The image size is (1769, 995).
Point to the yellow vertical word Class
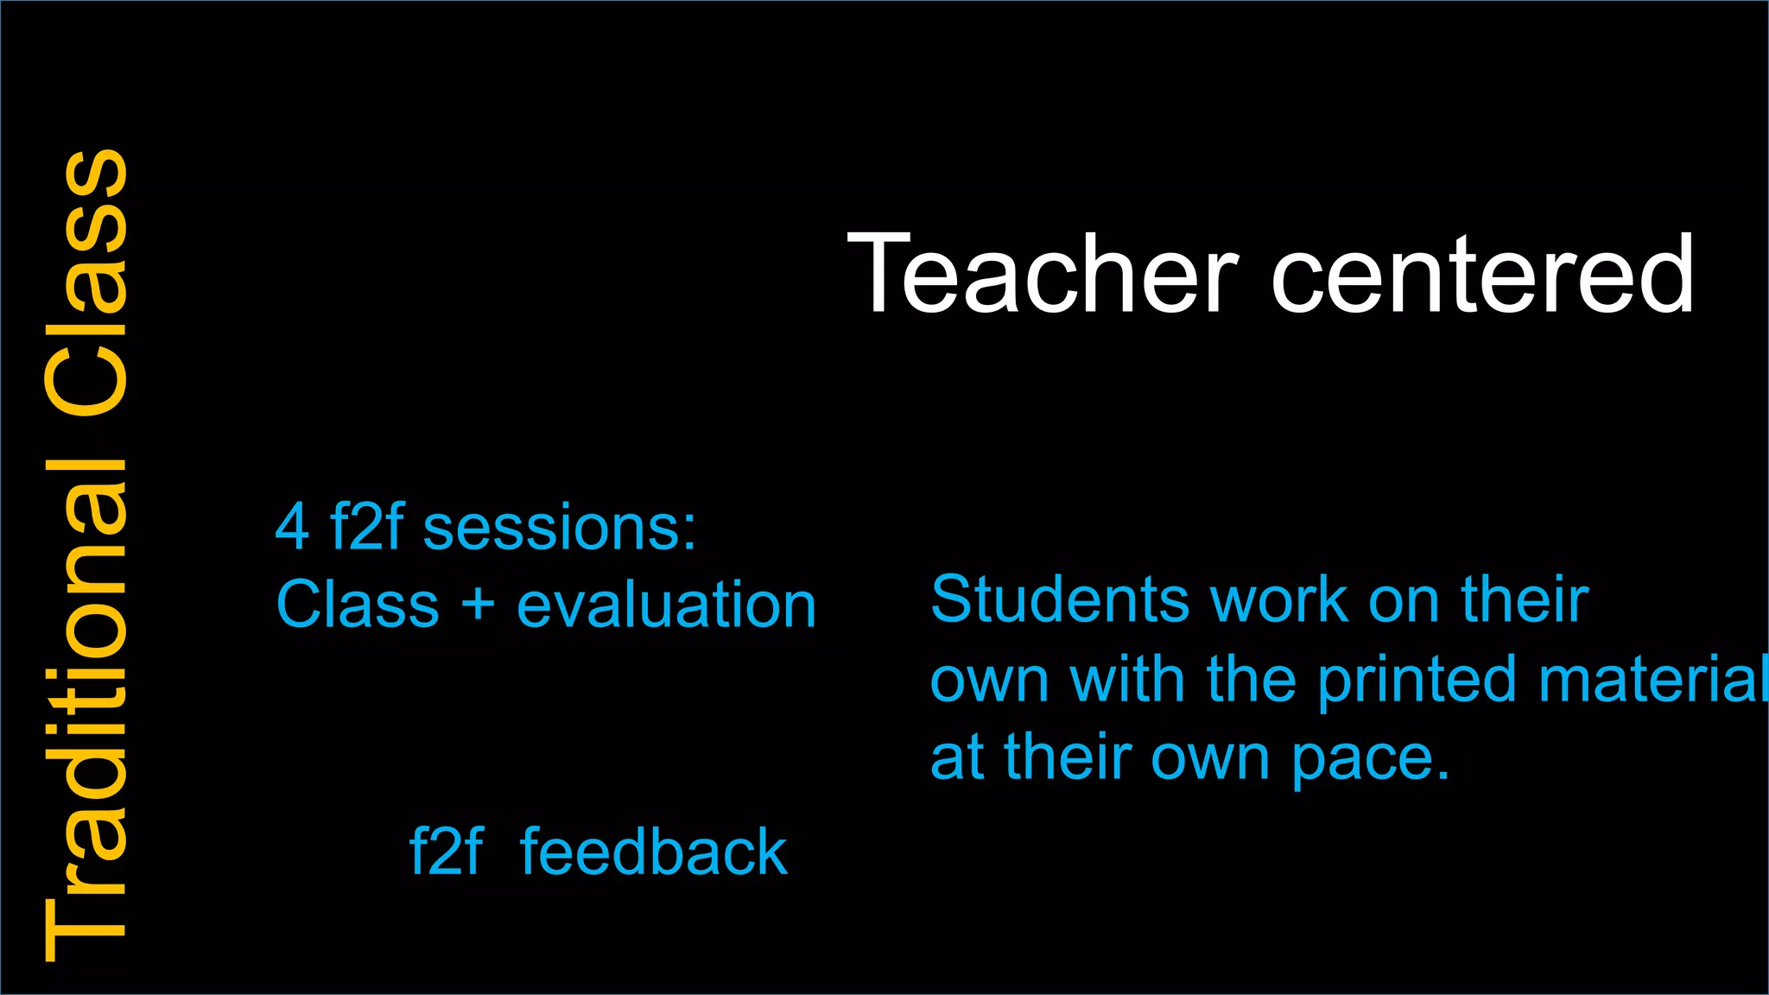tap(86, 286)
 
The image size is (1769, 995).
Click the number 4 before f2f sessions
tap(292, 528)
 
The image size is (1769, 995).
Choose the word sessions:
tap(559, 528)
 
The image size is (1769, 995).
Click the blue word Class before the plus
tap(358, 604)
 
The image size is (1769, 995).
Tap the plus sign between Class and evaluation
tap(478, 604)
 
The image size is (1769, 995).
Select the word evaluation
tap(666, 604)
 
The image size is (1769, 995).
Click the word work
tap(1279, 599)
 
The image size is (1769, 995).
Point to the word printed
tap(1417, 679)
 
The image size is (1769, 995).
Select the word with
tap(1127, 679)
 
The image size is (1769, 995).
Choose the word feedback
tap(653, 852)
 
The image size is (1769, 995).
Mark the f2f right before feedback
tap(446, 852)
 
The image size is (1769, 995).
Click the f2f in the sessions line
tap(366, 528)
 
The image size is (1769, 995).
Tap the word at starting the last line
tap(957, 758)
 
